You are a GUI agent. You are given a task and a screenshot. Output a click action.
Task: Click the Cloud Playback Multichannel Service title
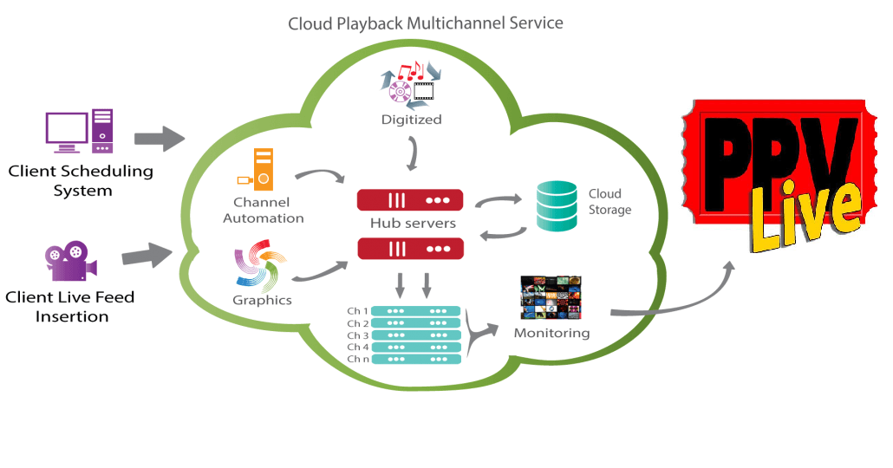click(x=426, y=23)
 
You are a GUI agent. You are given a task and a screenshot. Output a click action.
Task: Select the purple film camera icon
click(x=71, y=261)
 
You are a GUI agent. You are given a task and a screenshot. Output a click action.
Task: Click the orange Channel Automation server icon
click(x=257, y=170)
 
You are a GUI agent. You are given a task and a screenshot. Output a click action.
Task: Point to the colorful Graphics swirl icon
click(x=260, y=266)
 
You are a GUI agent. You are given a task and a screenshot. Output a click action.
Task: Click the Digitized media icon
click(x=411, y=85)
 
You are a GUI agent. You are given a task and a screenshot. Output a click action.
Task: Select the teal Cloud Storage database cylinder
click(x=557, y=205)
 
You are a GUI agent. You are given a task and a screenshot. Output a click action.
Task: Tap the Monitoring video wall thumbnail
click(x=551, y=298)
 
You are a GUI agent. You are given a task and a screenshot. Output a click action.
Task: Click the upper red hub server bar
click(x=410, y=200)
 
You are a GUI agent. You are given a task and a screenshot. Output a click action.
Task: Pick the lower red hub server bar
click(x=410, y=249)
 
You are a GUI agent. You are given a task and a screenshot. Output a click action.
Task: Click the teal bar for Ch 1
click(x=416, y=311)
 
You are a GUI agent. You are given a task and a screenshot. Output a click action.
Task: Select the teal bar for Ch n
click(x=416, y=360)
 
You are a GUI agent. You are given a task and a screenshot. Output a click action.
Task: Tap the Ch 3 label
click(x=358, y=335)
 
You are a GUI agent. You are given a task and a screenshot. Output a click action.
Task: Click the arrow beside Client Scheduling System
click(x=160, y=139)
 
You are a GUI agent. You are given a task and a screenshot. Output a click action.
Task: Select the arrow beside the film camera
click(x=147, y=256)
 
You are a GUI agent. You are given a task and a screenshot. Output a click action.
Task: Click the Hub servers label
click(x=413, y=224)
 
